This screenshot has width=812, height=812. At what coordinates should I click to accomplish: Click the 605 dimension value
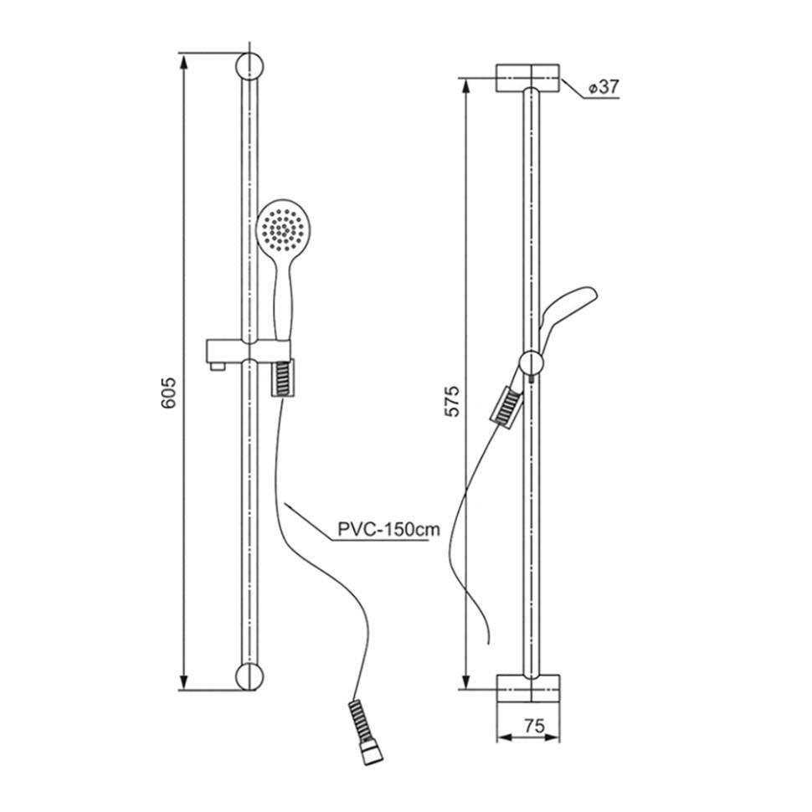coord(169,393)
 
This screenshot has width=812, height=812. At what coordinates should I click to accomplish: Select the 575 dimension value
coord(451,401)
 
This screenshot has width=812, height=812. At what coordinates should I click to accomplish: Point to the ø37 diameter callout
coord(604,87)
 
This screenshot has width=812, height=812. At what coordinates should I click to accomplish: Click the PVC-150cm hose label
coord(389,529)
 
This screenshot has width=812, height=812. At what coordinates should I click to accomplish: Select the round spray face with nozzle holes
coord(281,229)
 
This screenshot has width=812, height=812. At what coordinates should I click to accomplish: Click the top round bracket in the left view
coord(249,67)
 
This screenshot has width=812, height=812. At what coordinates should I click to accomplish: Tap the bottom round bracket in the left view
coord(249,676)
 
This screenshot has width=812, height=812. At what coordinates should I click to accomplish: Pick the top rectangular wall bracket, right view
coord(527,78)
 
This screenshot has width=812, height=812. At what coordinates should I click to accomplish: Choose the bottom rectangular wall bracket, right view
coord(528,688)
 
